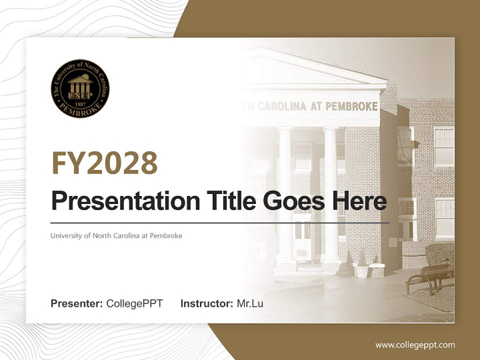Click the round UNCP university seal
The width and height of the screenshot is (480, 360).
(x=80, y=88)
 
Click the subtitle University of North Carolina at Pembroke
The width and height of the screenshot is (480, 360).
(x=116, y=235)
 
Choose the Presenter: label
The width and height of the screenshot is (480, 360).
(x=77, y=303)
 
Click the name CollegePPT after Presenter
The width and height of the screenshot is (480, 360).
(x=134, y=303)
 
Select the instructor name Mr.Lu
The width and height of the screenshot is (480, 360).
(x=250, y=303)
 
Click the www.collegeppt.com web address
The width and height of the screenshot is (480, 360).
(x=415, y=345)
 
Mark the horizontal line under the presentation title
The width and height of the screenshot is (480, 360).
(x=220, y=222)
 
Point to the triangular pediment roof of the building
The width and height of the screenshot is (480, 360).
(x=310, y=70)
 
